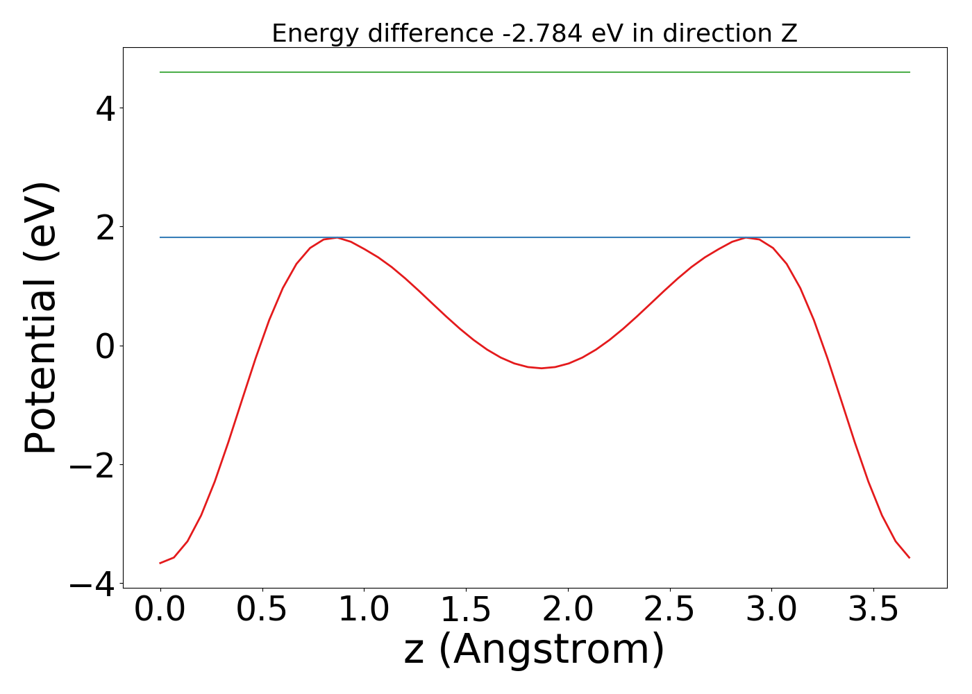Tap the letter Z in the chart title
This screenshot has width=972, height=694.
(789, 33)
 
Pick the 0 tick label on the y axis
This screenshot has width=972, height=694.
(104, 346)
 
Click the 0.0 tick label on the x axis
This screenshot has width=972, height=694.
(160, 610)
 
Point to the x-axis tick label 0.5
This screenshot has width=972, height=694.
(262, 610)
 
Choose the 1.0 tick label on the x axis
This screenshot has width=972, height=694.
(364, 610)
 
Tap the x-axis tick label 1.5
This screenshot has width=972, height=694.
(466, 610)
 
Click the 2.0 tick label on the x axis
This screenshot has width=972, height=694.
(568, 610)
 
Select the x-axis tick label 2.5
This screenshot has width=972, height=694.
(670, 610)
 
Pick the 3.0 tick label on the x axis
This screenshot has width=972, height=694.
(772, 610)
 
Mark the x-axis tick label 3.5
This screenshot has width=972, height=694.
(873, 610)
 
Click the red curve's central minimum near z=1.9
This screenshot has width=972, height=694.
(542, 368)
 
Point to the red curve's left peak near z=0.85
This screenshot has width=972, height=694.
(337, 238)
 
